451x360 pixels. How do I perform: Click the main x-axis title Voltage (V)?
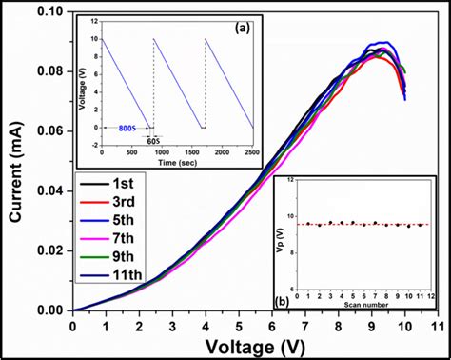(253, 347)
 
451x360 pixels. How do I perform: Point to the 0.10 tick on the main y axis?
(49, 11)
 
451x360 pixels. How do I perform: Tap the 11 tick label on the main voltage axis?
(437, 326)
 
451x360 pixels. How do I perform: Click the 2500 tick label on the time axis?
(251, 151)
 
